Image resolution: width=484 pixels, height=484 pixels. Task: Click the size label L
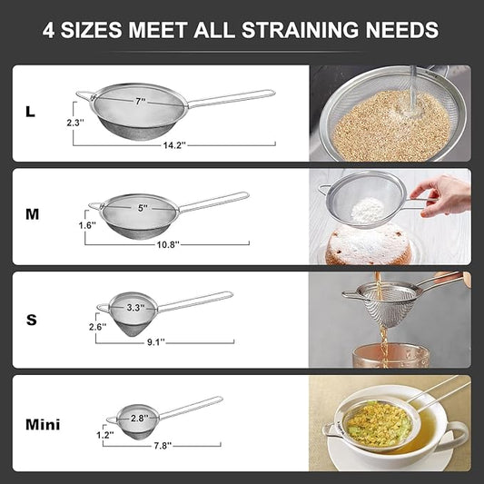point(31,112)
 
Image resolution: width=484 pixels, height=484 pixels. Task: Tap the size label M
point(32,214)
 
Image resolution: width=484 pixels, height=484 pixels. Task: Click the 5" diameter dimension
point(143,208)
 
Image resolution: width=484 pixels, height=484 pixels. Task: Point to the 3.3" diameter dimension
point(136,307)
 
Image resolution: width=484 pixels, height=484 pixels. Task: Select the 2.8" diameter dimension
point(139,417)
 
